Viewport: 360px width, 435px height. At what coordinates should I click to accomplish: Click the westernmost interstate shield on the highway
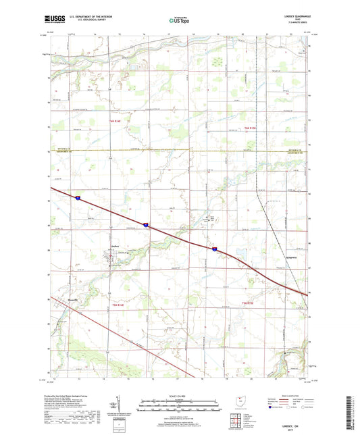[78, 199]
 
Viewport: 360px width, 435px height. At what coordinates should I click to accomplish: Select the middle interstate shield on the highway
[145, 224]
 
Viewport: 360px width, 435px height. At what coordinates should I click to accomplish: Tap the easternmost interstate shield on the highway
[215, 249]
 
